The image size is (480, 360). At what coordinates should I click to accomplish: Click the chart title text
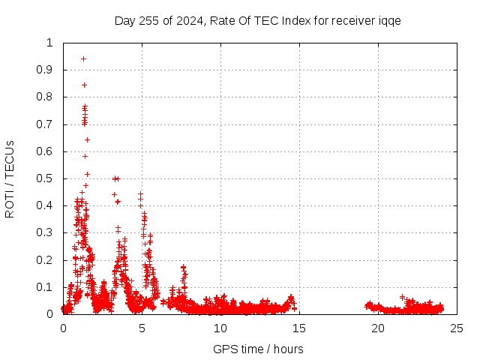(257, 20)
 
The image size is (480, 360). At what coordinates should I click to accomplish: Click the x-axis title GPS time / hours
(258, 349)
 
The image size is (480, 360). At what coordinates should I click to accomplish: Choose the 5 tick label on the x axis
(142, 328)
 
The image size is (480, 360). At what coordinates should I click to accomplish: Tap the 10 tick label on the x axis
(220, 328)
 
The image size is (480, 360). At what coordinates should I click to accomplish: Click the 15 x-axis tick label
(299, 328)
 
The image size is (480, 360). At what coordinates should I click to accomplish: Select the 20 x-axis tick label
(378, 328)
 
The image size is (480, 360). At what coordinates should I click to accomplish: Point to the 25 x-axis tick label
(457, 328)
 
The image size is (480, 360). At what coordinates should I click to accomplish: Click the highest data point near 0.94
(83, 58)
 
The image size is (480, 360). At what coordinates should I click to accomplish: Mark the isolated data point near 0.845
(84, 85)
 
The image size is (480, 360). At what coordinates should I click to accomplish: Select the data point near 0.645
(87, 139)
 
